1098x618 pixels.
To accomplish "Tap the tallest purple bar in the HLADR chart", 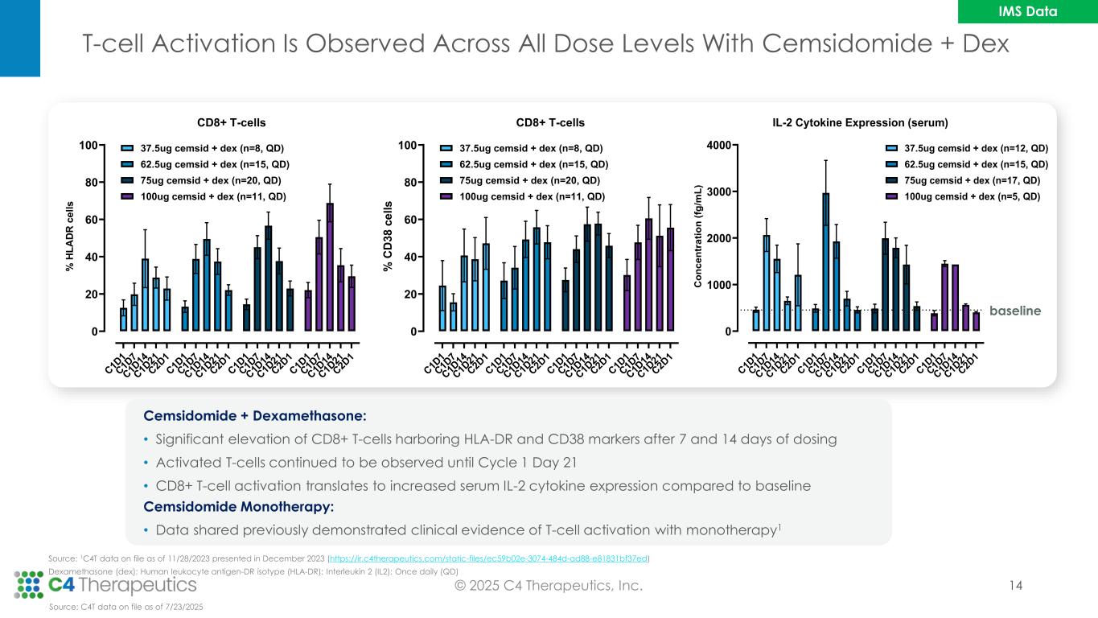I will [x=330, y=266].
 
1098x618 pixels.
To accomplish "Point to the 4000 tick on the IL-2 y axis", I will [x=718, y=146].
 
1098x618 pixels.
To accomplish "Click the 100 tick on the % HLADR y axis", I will [x=88, y=146].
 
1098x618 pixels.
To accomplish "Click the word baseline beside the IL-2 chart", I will [x=1015, y=311].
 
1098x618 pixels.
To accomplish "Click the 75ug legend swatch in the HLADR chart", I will [x=128, y=180].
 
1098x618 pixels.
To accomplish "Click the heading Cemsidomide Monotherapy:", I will [x=238, y=507].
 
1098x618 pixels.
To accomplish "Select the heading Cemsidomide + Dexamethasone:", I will [x=254, y=416].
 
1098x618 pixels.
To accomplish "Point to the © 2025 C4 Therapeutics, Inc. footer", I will [x=548, y=586].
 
